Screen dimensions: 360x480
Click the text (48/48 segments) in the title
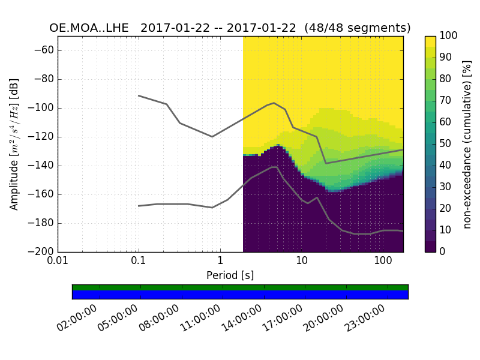pyautogui.click(x=358, y=28)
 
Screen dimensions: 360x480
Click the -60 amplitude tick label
pyautogui.click(x=45, y=50)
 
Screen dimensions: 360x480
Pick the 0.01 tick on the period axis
pyautogui.click(x=58, y=262)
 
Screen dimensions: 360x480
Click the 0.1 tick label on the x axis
pyautogui.click(x=139, y=262)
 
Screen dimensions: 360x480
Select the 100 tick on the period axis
pyautogui.click(x=383, y=262)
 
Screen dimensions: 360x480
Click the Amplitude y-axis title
pyautogui.click(x=14, y=144)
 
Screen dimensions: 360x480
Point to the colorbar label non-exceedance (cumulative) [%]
pyautogui.click(x=467, y=144)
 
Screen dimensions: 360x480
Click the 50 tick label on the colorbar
pyautogui.click(x=447, y=144)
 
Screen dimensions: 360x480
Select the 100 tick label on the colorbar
pyautogui.click(x=449, y=36)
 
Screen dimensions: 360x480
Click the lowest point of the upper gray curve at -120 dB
pyautogui.click(x=212, y=137)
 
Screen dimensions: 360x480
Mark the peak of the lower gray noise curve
pyautogui.click(x=274, y=167)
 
